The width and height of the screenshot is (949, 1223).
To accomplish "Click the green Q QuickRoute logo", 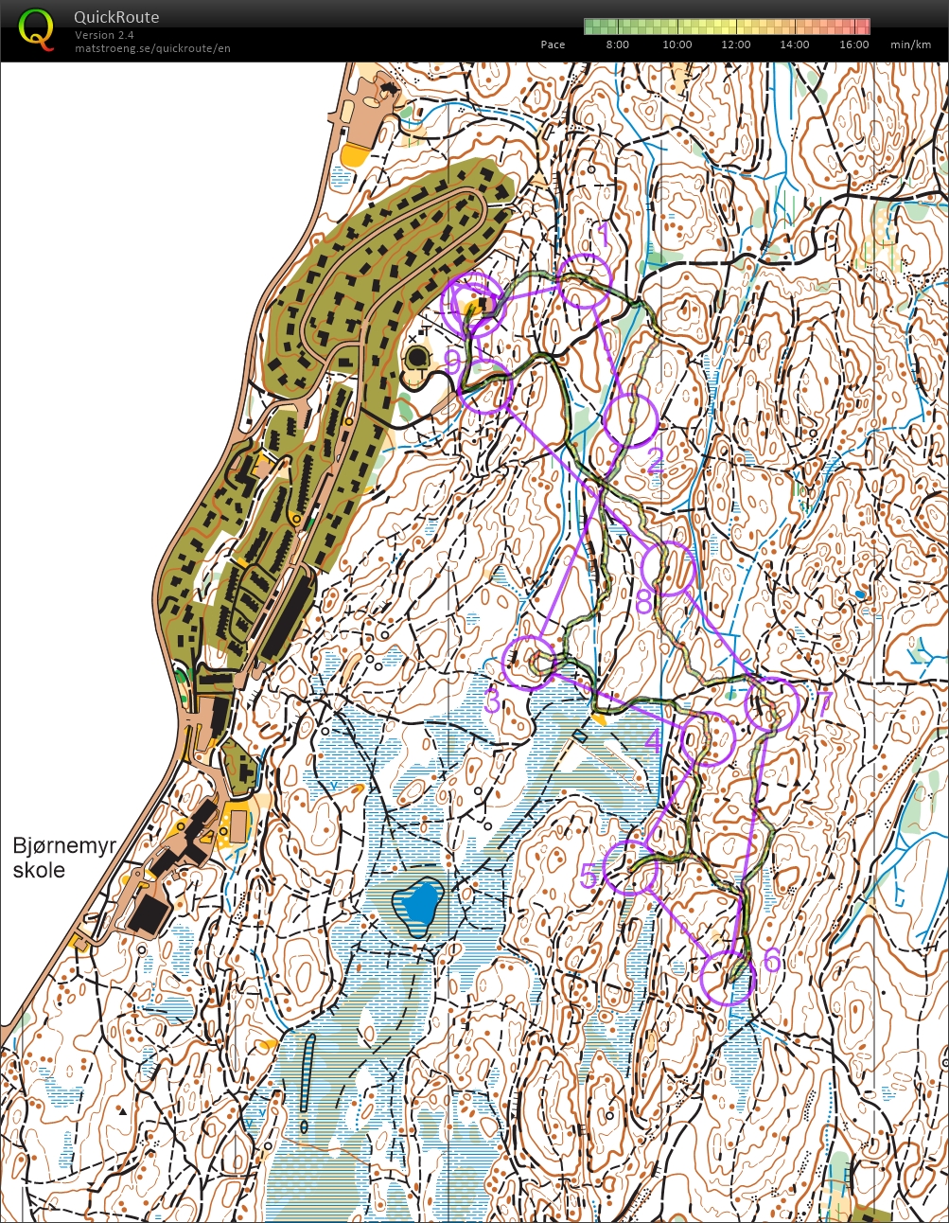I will click(x=36, y=28).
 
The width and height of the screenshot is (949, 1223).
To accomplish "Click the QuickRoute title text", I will click(x=116, y=17).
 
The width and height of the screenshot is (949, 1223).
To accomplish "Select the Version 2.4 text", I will click(x=104, y=35).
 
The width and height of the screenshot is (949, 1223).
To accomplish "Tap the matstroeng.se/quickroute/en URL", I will click(x=152, y=48).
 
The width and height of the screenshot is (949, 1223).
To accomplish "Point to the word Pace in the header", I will click(x=553, y=44).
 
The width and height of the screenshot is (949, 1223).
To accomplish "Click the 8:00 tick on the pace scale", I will click(x=617, y=44).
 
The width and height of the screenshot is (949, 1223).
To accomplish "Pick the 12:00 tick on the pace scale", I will click(x=735, y=44).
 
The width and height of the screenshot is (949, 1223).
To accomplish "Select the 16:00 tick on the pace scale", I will click(x=853, y=44).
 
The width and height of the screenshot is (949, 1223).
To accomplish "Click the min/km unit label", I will click(x=910, y=44).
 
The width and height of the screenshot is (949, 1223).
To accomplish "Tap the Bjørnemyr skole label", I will click(x=63, y=858).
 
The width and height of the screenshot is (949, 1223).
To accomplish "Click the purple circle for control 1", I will click(x=585, y=282).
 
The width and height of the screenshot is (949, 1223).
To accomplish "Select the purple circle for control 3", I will click(x=530, y=662).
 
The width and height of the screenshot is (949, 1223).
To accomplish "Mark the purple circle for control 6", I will click(x=729, y=979).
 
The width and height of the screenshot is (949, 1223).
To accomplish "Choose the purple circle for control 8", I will click(x=668, y=569).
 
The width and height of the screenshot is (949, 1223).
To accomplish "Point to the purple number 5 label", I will click(x=589, y=877).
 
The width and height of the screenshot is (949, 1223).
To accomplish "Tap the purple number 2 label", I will click(x=654, y=461).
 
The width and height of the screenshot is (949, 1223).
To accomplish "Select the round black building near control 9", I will click(x=416, y=359).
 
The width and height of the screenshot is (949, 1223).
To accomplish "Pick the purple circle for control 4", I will click(x=708, y=738).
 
